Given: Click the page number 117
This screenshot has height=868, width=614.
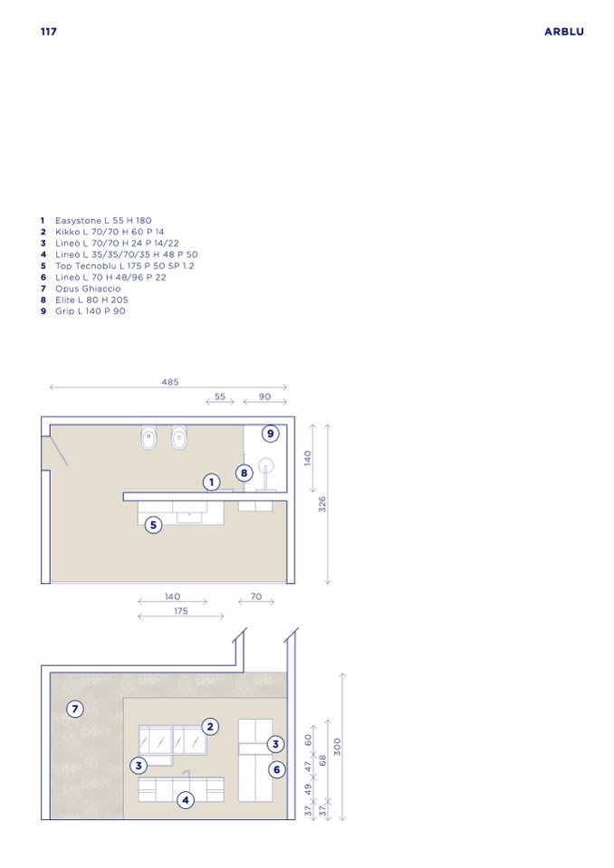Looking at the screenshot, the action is click(49, 32).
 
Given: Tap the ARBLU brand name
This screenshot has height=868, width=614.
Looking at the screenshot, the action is click(563, 32).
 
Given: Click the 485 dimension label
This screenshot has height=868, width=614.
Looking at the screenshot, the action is click(170, 382).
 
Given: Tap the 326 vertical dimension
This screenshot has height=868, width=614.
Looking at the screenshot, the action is click(322, 504).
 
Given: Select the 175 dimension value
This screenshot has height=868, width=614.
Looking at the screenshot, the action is click(181, 611).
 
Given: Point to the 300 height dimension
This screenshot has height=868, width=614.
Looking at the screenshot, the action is click(337, 746).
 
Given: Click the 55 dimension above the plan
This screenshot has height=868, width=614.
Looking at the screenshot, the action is click(220, 396).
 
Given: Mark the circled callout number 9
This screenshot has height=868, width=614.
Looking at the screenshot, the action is click(270, 434).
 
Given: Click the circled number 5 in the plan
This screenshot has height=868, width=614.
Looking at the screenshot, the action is click(153, 525).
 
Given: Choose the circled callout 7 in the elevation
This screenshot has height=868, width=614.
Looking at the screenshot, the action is click(75, 709).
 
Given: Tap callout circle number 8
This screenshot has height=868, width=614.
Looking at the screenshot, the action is click(245, 473).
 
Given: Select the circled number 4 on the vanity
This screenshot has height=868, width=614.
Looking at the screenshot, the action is click(186, 800).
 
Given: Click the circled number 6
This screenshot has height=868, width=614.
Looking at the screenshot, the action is click(277, 769).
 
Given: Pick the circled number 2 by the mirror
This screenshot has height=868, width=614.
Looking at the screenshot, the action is click(210, 726).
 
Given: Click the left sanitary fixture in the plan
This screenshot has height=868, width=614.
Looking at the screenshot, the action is click(149, 438).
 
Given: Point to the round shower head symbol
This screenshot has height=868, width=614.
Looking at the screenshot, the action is click(266, 464).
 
